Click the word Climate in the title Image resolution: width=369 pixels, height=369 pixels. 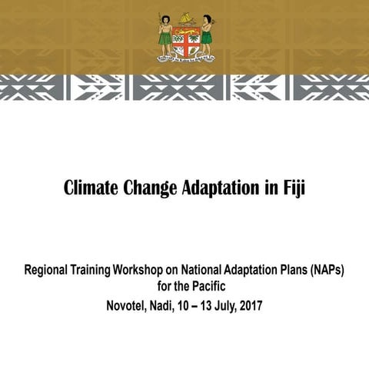[91, 188]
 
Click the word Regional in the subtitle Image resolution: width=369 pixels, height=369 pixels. [48, 271]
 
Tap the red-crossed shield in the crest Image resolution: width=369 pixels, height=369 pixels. [185, 39]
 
